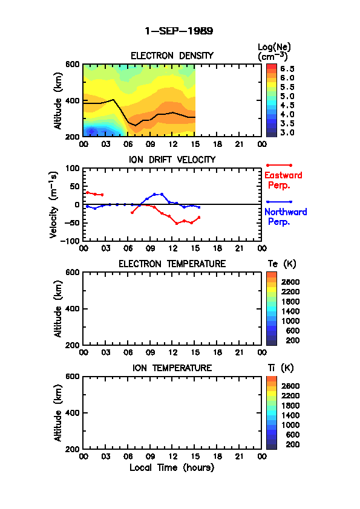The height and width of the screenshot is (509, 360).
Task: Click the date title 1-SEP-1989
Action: pyautogui.click(x=178, y=31)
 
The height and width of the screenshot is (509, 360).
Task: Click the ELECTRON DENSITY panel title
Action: pyautogui.click(x=172, y=56)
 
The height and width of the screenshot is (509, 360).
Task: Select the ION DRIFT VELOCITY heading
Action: pyautogui.click(x=172, y=160)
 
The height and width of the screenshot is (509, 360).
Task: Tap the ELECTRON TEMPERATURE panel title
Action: pyautogui.click(x=172, y=264)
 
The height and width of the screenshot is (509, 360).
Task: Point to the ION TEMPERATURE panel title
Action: pyautogui.click(x=172, y=368)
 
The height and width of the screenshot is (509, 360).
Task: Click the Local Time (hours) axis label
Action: pyautogui.click(x=172, y=467)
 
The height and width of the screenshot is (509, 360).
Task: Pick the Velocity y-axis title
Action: pyautogui.click(x=54, y=204)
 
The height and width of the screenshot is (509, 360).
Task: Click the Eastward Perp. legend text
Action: pyautogui.click(x=283, y=180)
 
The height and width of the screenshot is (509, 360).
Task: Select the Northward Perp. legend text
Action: pyautogui.click(x=286, y=216)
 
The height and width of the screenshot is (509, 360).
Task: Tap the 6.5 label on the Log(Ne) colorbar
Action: pyautogui.click(x=287, y=69)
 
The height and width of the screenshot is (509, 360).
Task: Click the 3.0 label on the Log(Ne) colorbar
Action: pyautogui.click(x=287, y=132)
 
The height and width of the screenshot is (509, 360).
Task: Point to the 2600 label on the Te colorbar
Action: pyautogui.click(x=290, y=282)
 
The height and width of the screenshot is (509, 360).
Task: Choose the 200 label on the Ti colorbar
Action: pyautogui.click(x=292, y=444)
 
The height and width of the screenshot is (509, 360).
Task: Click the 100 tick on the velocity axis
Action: pyautogui.click(x=73, y=168)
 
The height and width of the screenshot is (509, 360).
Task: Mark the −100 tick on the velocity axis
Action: pyautogui.click(x=70, y=241)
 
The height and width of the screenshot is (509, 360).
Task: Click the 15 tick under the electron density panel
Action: pyautogui.click(x=195, y=144)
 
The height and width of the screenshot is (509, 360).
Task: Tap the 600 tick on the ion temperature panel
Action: pyautogui.click(x=73, y=376)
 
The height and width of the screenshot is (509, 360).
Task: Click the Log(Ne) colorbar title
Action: pyautogui.click(x=274, y=52)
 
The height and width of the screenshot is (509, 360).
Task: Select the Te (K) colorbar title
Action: pyautogui.click(x=282, y=264)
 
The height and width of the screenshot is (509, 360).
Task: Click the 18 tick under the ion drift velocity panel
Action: pyautogui.click(x=217, y=248)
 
